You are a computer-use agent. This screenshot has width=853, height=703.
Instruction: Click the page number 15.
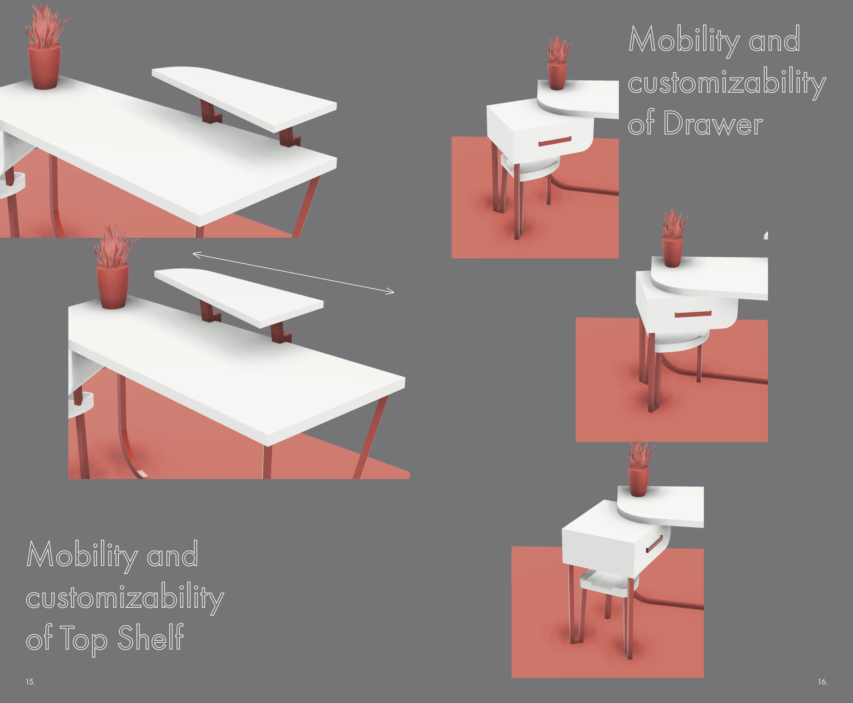30,682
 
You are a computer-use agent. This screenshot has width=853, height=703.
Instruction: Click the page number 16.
823,682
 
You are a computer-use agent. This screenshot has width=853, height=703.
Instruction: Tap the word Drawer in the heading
713,123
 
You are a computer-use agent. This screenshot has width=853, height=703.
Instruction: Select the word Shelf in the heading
150,638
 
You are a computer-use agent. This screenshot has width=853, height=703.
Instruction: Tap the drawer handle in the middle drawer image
693,314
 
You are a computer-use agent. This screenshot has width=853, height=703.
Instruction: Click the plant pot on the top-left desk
44,67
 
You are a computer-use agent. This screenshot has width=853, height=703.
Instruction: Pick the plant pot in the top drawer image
557,76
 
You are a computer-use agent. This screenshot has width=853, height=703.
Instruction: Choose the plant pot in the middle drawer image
672,252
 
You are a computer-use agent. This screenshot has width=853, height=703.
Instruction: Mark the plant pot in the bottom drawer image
638,482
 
